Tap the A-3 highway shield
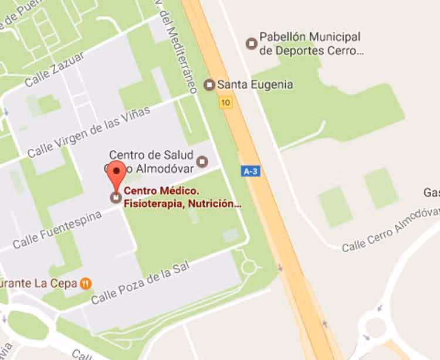point(249,171)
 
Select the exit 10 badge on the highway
point(225,103)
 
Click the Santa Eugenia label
point(255,84)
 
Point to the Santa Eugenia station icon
point(209,85)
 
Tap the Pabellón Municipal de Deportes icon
point(252,43)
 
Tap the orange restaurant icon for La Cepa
point(86,283)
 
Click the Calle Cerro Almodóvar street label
point(390,229)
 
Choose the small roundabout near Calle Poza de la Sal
point(249,267)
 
